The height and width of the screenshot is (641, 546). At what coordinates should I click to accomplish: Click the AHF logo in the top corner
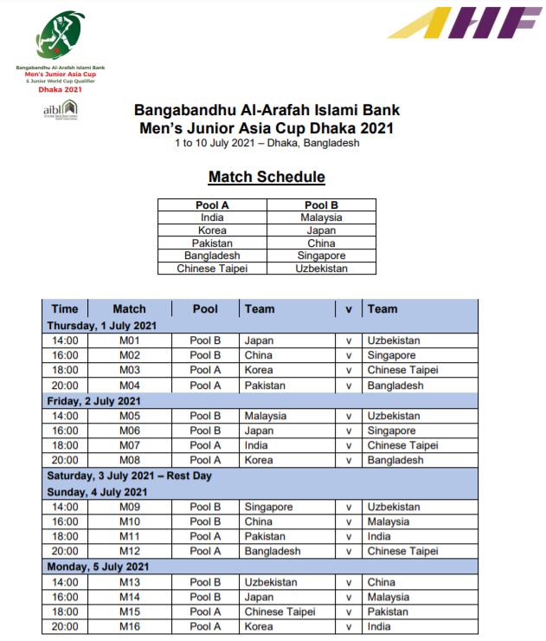pos(464,23)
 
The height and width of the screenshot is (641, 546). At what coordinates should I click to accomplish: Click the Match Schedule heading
pos(267,177)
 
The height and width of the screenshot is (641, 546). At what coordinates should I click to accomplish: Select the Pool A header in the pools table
pos(212,205)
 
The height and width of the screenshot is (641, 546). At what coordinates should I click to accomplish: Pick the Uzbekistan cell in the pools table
pos(321,269)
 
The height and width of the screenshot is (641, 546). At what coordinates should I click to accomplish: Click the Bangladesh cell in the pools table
pos(212,256)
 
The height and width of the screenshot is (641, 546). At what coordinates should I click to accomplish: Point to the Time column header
pos(65,308)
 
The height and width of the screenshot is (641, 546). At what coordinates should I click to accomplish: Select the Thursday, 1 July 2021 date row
pos(102,326)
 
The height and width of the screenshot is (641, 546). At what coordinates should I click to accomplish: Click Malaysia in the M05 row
pos(266,416)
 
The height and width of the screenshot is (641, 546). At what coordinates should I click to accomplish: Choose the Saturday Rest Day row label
pos(129,476)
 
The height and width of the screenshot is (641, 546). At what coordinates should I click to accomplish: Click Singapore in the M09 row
pos(269,507)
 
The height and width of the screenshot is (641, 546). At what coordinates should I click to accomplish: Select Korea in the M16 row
pos(259,626)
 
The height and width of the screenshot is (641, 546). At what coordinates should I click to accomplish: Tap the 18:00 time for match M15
pos(65,612)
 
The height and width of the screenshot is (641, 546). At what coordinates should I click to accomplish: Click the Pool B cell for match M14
pos(205,597)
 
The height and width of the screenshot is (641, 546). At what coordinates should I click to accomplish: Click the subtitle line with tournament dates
pos(267,143)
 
